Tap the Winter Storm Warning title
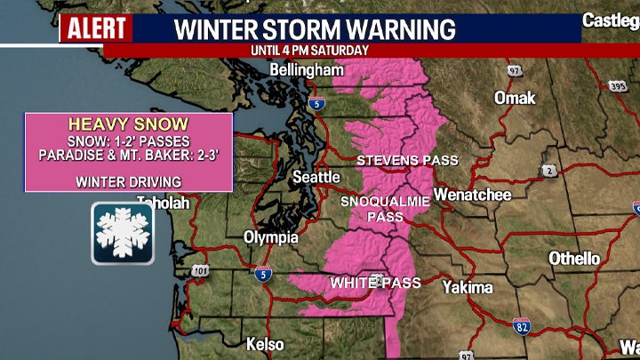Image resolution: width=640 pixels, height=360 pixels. [x=314, y=28]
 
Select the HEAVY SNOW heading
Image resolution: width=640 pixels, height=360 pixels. [x=129, y=125]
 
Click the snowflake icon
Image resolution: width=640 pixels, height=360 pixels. [x=123, y=233]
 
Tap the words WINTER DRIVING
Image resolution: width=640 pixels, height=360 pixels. [x=129, y=182]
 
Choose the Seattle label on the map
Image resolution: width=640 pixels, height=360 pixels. [x=316, y=177]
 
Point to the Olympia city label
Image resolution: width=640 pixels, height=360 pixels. [x=271, y=237]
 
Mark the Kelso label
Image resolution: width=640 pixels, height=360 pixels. [x=265, y=344]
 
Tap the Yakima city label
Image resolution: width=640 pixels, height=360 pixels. [x=468, y=287]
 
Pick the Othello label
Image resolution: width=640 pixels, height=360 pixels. [x=574, y=259]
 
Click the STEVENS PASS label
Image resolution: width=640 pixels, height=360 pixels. [x=407, y=161]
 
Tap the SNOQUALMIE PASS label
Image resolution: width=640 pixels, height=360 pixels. [x=386, y=209]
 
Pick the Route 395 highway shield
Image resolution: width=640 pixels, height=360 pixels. [x=617, y=87]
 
